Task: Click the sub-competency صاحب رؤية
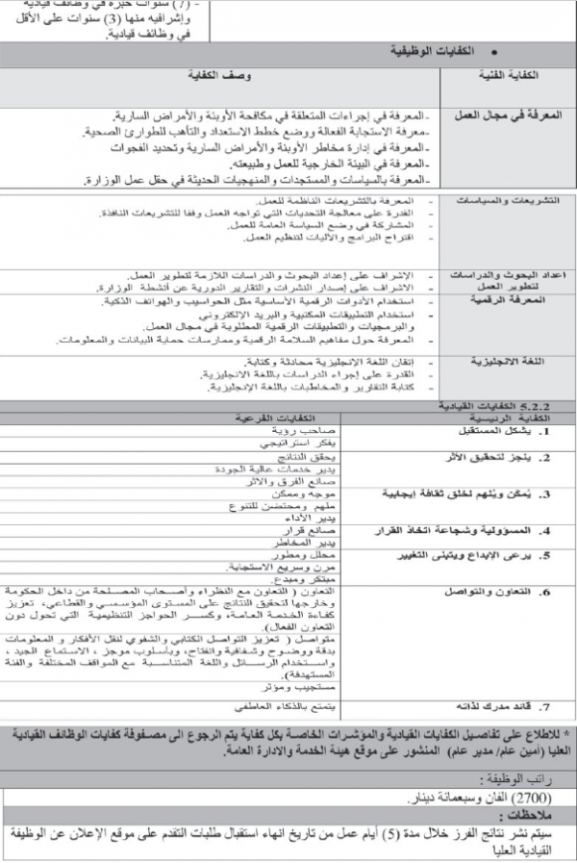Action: [286, 430]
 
